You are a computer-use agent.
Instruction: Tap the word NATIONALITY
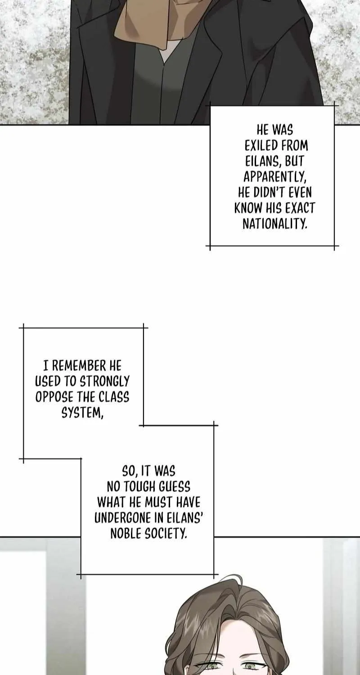point(275,224)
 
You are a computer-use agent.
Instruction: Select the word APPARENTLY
point(275,177)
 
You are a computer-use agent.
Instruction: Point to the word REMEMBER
point(79,365)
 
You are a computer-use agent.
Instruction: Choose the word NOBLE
point(126,534)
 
